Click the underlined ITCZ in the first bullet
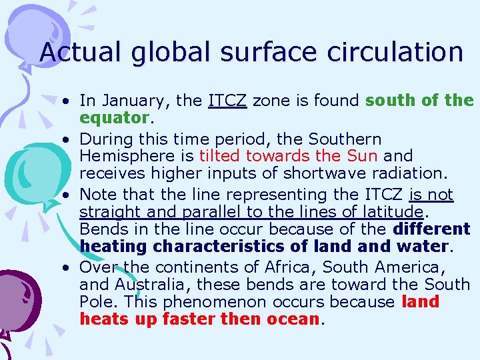point(227,101)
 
